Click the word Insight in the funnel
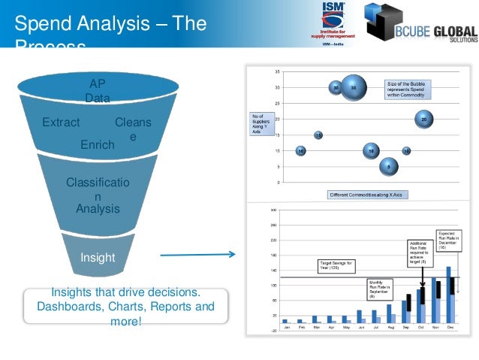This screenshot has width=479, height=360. coord(98,258)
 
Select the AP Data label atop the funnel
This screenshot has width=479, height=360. coord(98,91)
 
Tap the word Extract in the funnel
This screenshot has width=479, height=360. coord(62,122)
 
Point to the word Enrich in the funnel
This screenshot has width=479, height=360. coord(98,144)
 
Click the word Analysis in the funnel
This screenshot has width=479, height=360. coord(98,208)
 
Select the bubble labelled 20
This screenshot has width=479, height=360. coord(424,119)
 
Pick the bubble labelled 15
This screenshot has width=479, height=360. coord(318,135)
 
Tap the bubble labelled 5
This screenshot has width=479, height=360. coord(388,165)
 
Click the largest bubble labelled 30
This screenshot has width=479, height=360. coord(354,88)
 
